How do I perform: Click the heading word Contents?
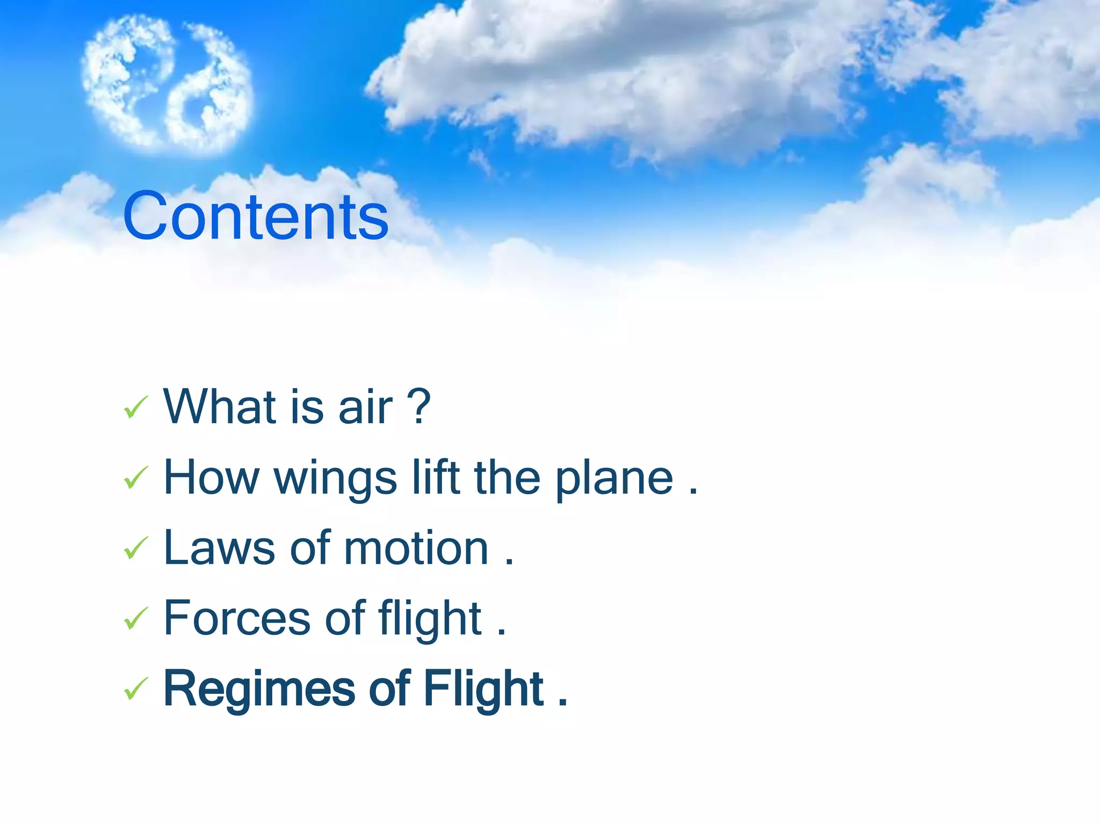[256, 216]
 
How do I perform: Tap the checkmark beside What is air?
[135, 408]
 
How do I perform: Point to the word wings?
[336, 480]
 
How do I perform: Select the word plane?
[614, 480]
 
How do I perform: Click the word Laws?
[219, 548]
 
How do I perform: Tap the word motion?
[416, 548]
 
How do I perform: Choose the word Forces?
[237, 619]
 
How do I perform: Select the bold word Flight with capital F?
[483, 690]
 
